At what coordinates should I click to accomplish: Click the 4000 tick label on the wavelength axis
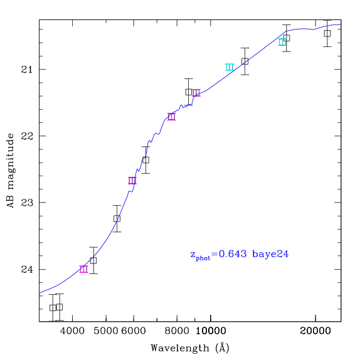click(72, 331)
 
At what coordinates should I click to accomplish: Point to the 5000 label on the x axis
click(106, 331)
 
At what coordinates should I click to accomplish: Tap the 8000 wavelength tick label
click(177, 331)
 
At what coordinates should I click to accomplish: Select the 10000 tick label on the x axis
click(211, 331)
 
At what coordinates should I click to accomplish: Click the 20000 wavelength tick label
click(315, 331)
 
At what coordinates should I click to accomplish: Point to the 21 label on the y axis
click(27, 69)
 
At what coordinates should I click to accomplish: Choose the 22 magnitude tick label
click(27, 136)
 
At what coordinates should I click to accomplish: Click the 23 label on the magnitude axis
click(27, 203)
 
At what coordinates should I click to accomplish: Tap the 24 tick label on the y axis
click(27, 269)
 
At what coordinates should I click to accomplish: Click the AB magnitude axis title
click(11, 171)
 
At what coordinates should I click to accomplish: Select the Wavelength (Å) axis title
click(190, 348)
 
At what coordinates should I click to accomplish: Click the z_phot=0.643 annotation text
click(218, 255)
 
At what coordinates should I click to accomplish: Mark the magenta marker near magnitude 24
click(84, 269)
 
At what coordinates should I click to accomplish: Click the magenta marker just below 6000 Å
click(132, 181)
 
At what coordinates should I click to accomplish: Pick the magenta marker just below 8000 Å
click(171, 117)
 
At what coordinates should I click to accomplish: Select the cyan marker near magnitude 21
click(230, 67)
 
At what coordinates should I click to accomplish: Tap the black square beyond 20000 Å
click(327, 33)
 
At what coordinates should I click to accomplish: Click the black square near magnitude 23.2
click(117, 218)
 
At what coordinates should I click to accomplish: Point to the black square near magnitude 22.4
click(146, 160)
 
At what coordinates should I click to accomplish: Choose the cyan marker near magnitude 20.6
click(282, 42)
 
